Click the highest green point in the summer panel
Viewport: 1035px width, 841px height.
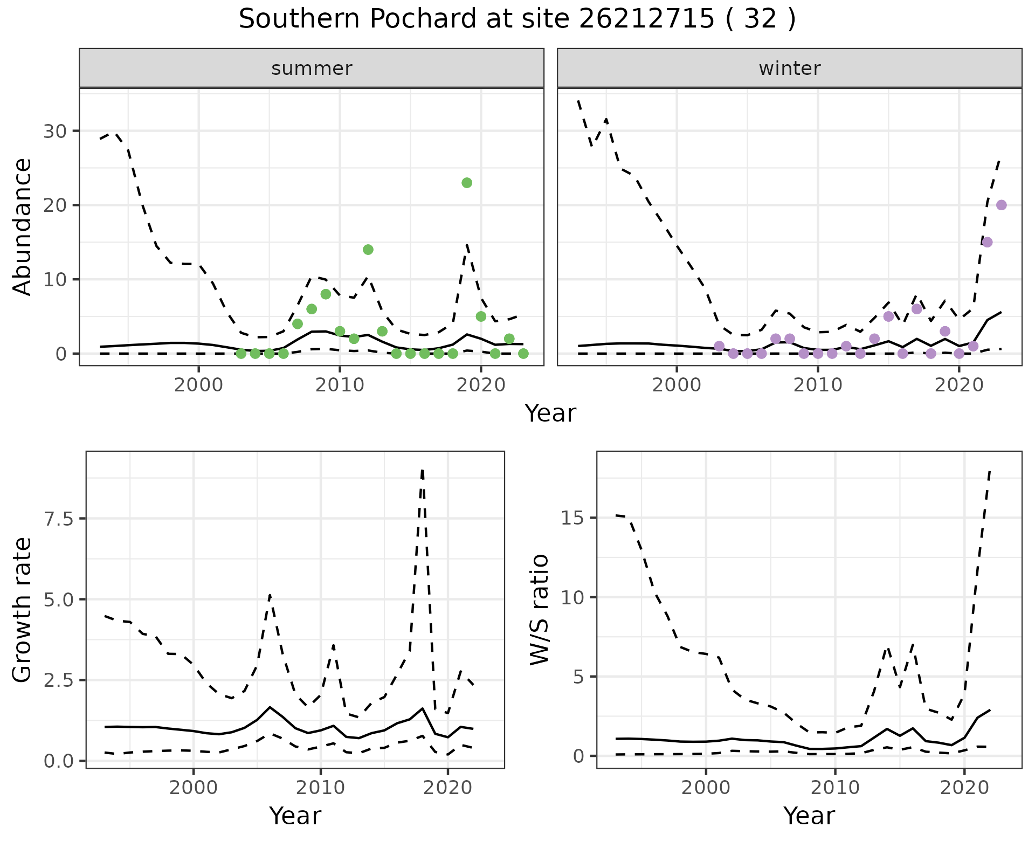coord(467,183)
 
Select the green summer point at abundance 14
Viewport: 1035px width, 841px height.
coord(368,250)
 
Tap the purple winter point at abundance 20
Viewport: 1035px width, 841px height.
coord(1001,205)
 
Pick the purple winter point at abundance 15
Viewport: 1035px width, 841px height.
coord(987,242)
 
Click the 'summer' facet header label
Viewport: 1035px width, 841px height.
coord(312,68)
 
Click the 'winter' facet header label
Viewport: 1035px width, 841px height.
coord(789,68)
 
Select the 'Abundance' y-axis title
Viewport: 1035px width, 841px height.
coord(22,227)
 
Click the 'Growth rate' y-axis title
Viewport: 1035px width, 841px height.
coord(22,610)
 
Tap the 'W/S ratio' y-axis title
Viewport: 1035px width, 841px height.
coord(540,610)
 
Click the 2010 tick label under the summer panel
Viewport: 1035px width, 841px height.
coord(340,385)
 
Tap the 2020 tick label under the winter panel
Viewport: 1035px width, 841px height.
coord(958,385)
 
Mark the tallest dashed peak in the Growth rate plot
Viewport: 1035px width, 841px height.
coord(422,471)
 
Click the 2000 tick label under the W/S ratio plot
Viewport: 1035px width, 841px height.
coord(706,788)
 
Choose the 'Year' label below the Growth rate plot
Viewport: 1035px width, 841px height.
coord(295,816)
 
